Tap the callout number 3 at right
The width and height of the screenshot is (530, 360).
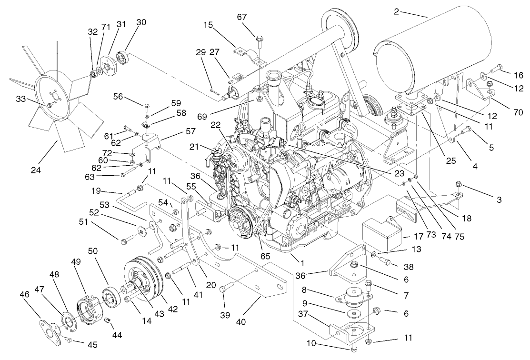[x=499, y=200]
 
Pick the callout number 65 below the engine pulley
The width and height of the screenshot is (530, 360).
[x=265, y=256]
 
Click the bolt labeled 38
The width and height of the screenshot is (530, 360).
[x=385, y=260]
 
